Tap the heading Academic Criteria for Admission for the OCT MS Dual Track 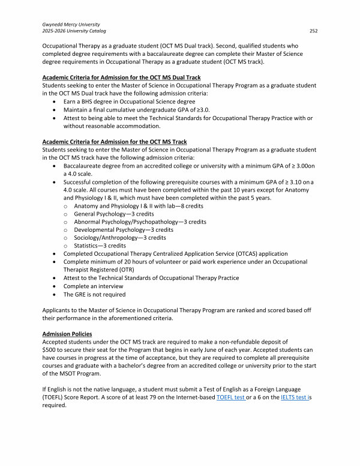click(121, 78)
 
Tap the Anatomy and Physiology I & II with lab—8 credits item click(130, 205)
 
